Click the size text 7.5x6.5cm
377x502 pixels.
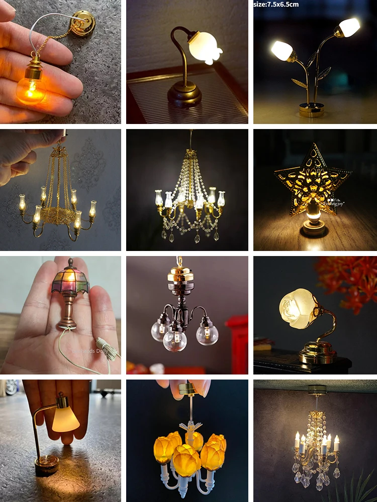pyautogui.click(x=276, y=5)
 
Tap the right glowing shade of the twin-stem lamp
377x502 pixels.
pyautogui.click(x=349, y=27)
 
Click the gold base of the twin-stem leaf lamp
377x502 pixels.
pyautogui.click(x=312, y=109)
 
